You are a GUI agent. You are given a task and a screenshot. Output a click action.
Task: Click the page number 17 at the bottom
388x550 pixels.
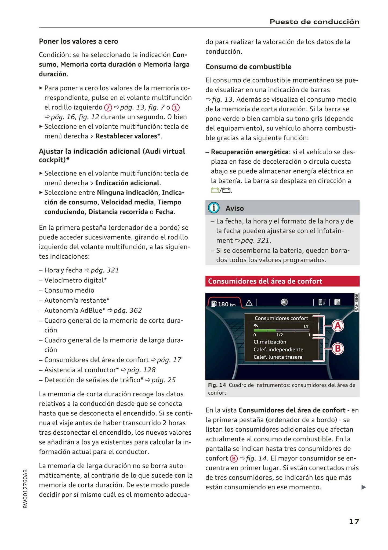(354, 521)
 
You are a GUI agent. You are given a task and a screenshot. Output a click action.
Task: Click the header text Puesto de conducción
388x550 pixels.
(314, 22)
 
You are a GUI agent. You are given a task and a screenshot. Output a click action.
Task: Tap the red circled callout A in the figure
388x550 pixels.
(338, 326)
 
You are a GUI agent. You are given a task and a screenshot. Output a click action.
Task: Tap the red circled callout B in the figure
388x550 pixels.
(338, 349)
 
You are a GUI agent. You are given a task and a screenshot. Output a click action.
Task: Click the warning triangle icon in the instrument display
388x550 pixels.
(249, 303)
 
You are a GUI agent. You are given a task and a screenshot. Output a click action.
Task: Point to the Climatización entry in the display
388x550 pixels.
(270, 342)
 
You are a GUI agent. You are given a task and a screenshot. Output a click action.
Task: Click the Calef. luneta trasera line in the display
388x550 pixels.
(278, 357)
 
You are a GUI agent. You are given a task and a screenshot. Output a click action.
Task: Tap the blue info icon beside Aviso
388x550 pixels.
(214, 208)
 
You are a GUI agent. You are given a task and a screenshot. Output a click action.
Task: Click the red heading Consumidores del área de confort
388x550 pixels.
(265, 281)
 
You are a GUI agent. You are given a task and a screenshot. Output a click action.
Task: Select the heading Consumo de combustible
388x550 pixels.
(248, 67)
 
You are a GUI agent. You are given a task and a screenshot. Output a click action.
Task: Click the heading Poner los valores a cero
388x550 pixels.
(78, 41)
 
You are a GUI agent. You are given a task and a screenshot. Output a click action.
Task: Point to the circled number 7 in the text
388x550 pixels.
(108, 108)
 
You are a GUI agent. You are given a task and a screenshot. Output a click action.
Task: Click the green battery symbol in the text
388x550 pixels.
(215, 190)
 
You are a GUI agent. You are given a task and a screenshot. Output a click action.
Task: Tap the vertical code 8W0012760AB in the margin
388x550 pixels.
(25, 489)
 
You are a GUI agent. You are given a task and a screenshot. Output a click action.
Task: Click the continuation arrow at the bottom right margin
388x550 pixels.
(363, 487)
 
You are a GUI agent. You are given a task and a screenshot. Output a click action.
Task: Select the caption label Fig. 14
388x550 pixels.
(217, 385)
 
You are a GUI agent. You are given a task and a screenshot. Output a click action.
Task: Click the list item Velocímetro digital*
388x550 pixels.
(75, 280)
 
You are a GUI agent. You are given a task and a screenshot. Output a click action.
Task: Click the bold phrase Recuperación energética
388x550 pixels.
(249, 152)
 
